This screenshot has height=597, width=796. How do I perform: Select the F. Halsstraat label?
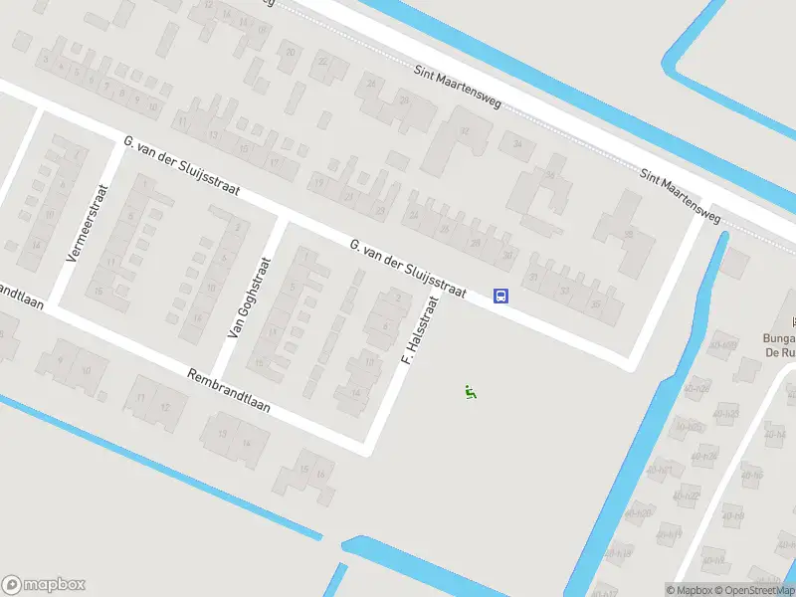pyautogui.click(x=419, y=329)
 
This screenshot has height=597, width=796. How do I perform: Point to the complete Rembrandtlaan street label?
pyautogui.click(x=229, y=394)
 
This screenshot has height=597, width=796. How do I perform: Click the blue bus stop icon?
pyautogui.click(x=501, y=296)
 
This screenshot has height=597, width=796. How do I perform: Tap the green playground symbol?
pyautogui.click(x=471, y=392)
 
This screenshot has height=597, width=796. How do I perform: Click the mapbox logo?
pyautogui.click(x=44, y=585)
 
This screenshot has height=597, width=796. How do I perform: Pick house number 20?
pyautogui.click(x=291, y=52)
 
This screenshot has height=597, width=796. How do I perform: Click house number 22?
pyautogui.click(x=322, y=62)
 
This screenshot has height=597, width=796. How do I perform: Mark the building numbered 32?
pyautogui.click(x=464, y=130)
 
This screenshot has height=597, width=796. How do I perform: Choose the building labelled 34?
pyautogui.click(x=517, y=144)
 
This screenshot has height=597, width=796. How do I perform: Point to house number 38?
pyautogui.click(x=628, y=234)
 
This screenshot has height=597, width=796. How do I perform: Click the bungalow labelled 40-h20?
pyautogui.click(x=641, y=513)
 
